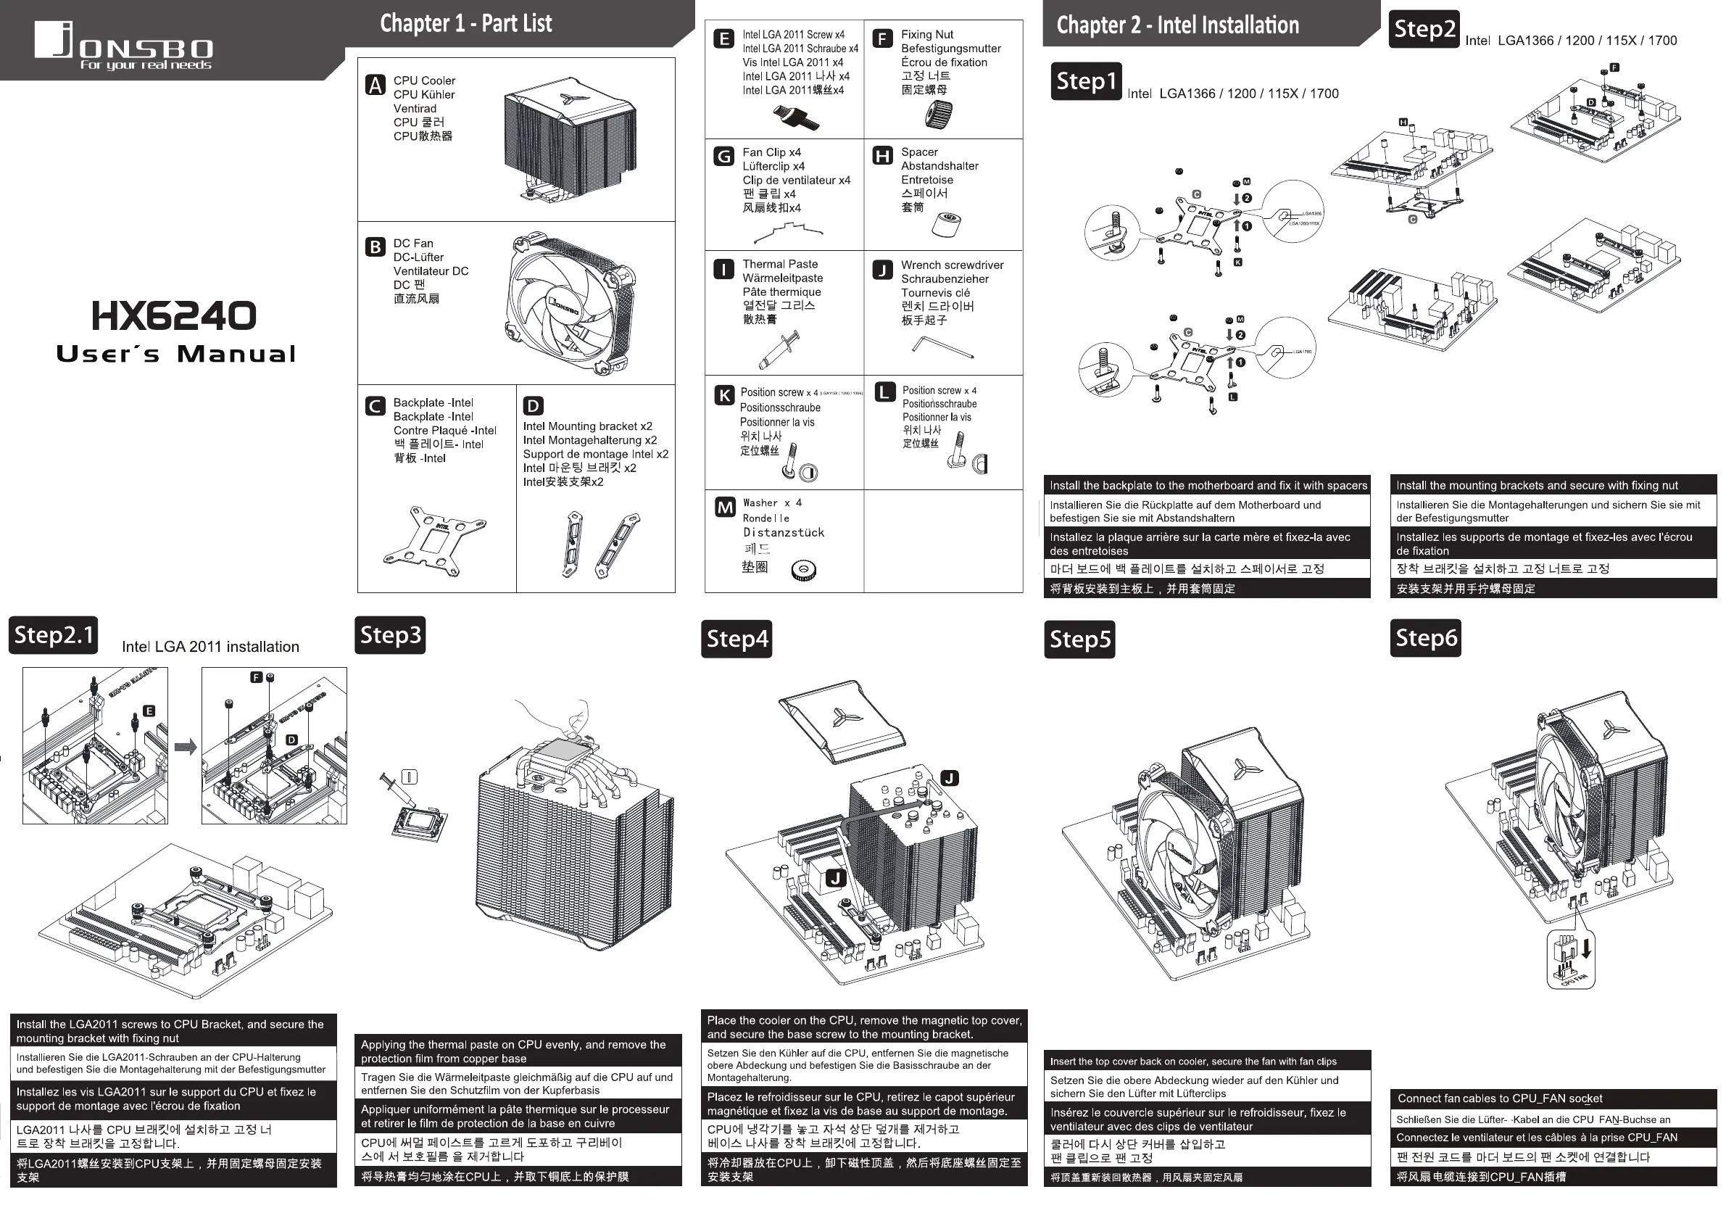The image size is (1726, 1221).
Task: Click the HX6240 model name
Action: (174, 316)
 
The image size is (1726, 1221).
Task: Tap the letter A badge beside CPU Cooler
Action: (375, 86)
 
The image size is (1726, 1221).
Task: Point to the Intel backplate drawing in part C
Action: (434, 542)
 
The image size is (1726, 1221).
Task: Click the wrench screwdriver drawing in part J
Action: (942, 347)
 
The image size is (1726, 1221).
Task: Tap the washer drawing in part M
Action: (804, 571)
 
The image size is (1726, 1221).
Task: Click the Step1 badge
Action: (1085, 81)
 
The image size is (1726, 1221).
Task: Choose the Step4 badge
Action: (737, 639)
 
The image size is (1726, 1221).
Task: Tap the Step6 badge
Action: (1425, 638)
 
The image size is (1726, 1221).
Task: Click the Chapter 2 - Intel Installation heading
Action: (1177, 25)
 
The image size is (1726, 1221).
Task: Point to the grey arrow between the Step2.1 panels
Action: (185, 747)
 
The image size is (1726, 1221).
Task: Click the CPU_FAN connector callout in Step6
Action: (1571, 959)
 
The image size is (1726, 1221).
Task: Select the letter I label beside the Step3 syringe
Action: (410, 777)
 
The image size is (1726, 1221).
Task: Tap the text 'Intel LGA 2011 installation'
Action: (210, 647)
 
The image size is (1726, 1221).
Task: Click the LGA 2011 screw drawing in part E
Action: (796, 117)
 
